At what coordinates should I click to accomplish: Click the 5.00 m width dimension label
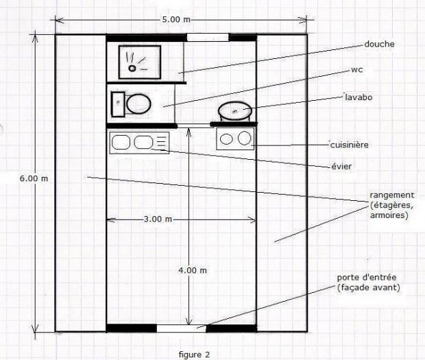coord(176,19)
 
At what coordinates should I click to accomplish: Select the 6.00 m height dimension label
coord(34,178)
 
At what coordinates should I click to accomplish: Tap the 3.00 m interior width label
coord(158,219)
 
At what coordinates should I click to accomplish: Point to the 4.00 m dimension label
coord(193,270)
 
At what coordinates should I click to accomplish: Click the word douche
coord(379,44)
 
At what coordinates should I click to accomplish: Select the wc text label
coord(356,70)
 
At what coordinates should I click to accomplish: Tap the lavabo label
coord(359,97)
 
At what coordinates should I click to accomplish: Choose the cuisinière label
coord(350,145)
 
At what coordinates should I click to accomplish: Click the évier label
coord(341,166)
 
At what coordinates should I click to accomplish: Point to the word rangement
coord(392,195)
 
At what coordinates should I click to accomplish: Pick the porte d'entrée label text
coord(367,278)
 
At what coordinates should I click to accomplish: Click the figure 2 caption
coord(195,355)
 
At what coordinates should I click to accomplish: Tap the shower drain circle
coord(132,69)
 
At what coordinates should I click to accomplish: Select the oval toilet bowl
coord(138,104)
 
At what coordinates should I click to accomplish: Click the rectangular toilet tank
coord(118,104)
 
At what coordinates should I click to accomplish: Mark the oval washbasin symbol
coord(235,110)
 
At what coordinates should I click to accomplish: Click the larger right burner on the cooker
coord(244,138)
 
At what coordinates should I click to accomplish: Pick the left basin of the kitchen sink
coord(121,142)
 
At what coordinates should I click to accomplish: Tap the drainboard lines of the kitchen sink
coord(162,142)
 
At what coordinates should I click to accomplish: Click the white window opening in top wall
coord(208,38)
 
